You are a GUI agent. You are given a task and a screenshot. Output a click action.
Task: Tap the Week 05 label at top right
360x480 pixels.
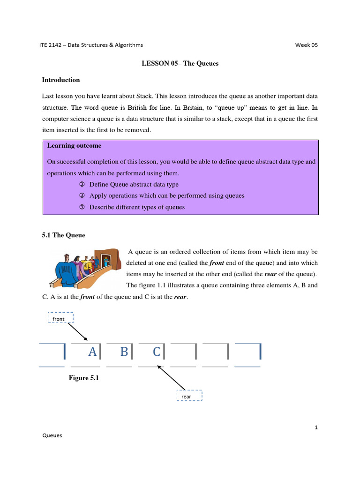pyautogui.click(x=306, y=45)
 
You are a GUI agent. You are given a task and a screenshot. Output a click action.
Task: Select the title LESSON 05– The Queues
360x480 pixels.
pyautogui.click(x=180, y=63)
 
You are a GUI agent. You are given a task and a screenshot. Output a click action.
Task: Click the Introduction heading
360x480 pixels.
pyautogui.click(x=61, y=80)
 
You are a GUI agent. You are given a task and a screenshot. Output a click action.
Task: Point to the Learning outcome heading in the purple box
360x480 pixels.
pyautogui.click(x=74, y=146)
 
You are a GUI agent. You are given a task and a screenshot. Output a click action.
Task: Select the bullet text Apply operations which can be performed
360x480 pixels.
pyautogui.click(x=167, y=195)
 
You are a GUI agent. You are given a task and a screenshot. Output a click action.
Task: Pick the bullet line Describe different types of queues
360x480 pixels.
pyautogui.click(x=137, y=207)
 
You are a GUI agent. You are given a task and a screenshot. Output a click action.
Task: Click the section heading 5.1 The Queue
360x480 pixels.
pyautogui.click(x=64, y=235)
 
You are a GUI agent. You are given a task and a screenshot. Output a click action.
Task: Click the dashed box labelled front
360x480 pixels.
pyautogui.click(x=60, y=318)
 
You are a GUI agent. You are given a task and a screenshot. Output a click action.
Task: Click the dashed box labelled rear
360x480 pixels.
pyautogui.click(x=189, y=396)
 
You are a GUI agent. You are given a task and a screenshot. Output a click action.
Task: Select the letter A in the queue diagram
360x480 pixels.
pyautogui.click(x=92, y=352)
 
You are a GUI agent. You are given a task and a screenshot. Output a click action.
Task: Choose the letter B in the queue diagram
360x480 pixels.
pyautogui.click(x=124, y=352)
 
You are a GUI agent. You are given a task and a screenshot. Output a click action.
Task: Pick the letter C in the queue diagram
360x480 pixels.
pyautogui.click(x=157, y=352)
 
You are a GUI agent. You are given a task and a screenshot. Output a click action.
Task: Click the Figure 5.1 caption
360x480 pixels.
pyautogui.click(x=84, y=378)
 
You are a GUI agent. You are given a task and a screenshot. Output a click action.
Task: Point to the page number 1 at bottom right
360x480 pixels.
pyautogui.click(x=316, y=427)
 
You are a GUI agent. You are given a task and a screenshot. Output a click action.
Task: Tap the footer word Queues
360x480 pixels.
pyautogui.click(x=52, y=435)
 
